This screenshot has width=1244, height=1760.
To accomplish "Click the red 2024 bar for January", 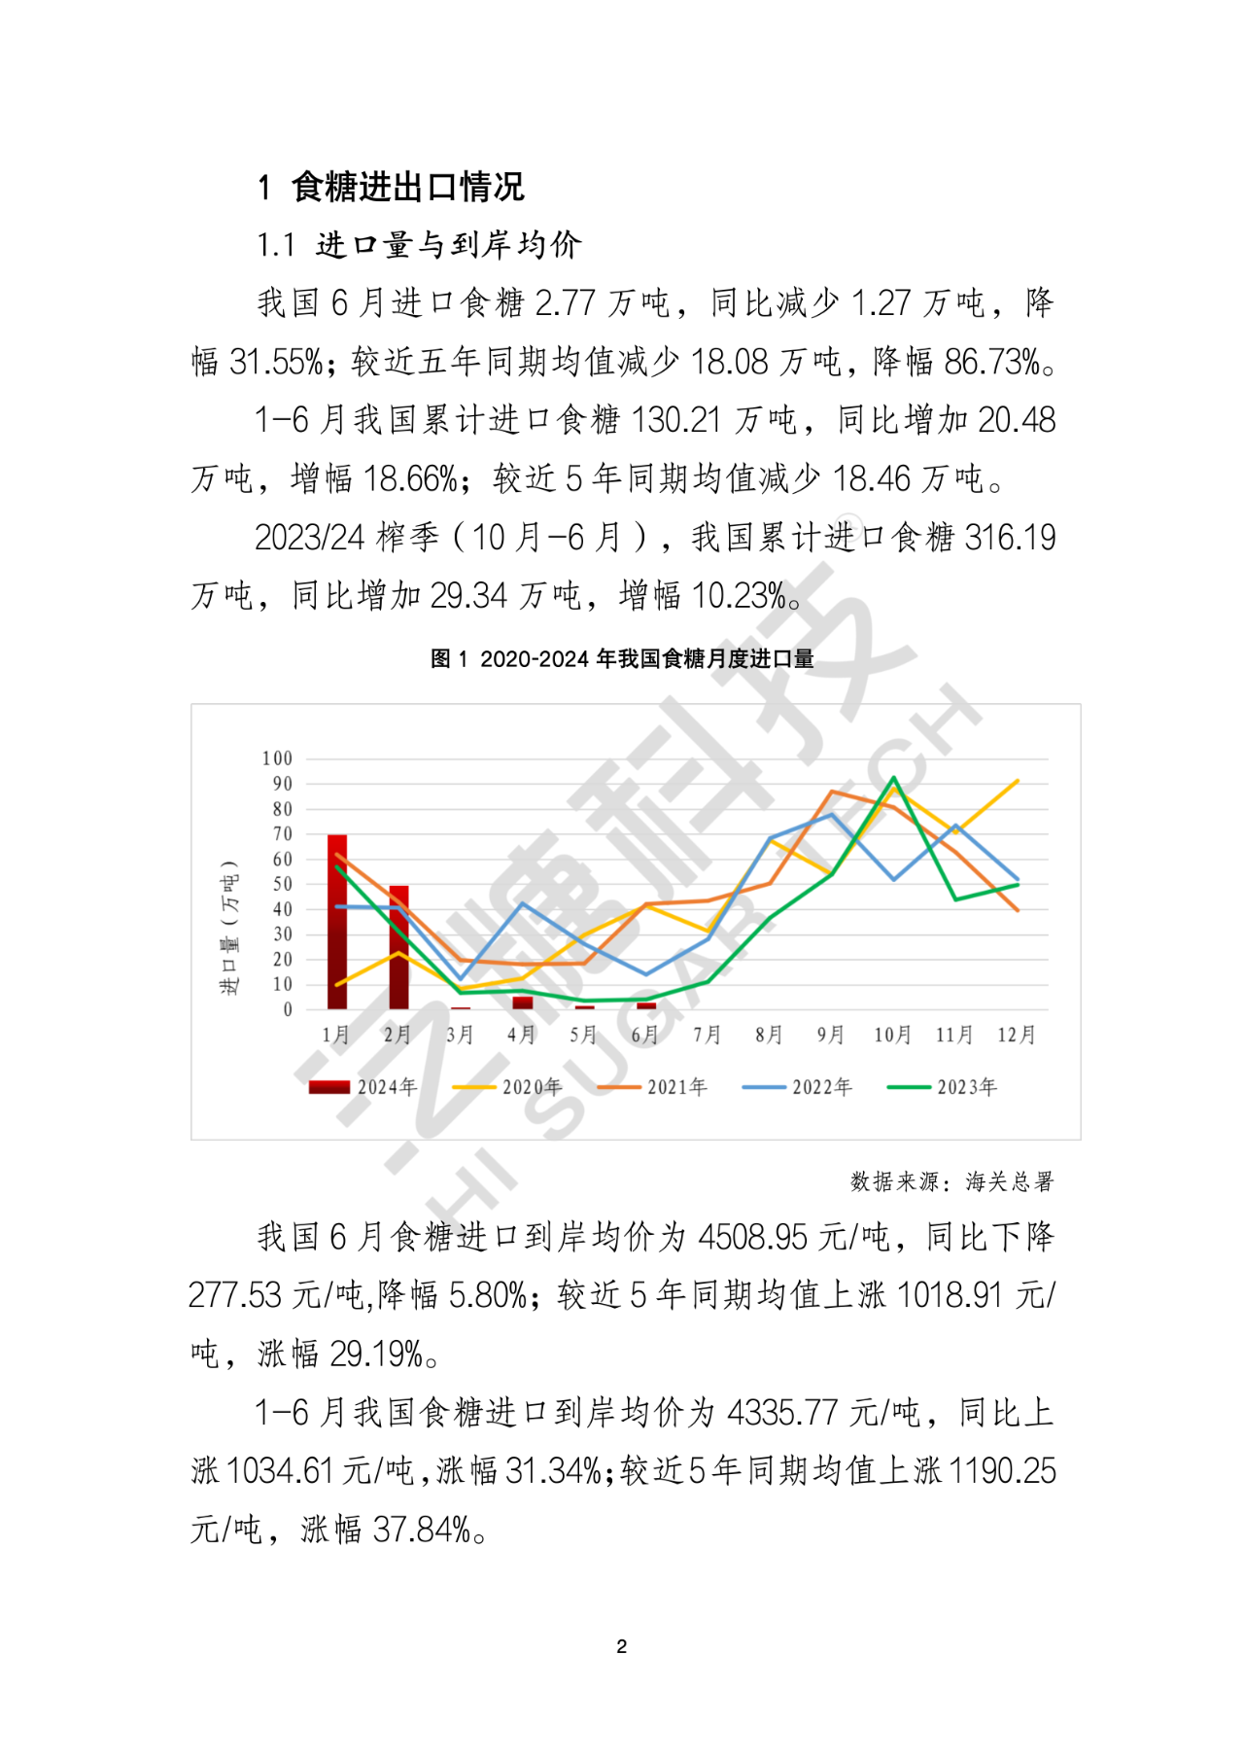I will coord(337,922).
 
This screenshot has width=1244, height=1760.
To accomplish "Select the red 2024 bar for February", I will coord(398,948).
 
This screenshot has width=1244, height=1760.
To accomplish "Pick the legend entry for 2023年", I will coord(944,1087).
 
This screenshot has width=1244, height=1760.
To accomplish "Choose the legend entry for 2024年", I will coord(364,1087).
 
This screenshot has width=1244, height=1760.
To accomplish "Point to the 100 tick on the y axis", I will coord(277,758).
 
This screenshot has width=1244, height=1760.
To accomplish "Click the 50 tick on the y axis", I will coord(282,884).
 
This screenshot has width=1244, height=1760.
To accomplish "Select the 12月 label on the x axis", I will coord(1017,1035).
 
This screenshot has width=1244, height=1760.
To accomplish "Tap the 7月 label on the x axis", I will coord(707,1035).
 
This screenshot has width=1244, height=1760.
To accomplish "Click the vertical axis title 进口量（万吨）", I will coord(228,928).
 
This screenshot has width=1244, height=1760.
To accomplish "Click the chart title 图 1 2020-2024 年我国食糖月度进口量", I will coord(622,659).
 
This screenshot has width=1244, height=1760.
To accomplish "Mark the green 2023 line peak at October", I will coord(893,778).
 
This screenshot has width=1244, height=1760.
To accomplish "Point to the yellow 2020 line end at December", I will coord(1017,781).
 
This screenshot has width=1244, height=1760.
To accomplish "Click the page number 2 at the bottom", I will coord(622,1646).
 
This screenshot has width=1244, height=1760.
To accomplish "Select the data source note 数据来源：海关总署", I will coord(951,1181).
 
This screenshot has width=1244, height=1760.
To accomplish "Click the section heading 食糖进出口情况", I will coord(407,187).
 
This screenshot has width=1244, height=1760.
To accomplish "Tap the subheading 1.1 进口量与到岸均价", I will coord(419,245).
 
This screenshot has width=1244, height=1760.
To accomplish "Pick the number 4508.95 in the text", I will coord(753,1237).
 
